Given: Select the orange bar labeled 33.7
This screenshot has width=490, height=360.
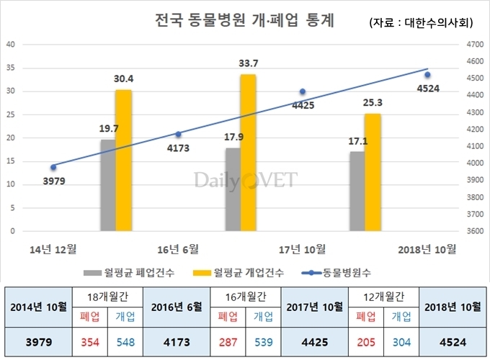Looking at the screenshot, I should [x=249, y=153].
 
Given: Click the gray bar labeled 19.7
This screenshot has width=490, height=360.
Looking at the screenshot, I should [x=107, y=186].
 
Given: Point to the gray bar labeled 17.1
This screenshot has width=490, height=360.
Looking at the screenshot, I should [x=357, y=192].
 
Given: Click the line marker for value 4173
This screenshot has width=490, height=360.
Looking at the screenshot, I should [x=178, y=134].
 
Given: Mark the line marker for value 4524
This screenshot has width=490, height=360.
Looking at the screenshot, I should [x=427, y=75].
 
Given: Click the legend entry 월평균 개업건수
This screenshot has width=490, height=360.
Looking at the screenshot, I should [x=241, y=272].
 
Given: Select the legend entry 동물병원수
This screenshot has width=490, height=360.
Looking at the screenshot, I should [x=345, y=272].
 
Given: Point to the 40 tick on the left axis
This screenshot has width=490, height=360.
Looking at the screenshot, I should [x=10, y=44].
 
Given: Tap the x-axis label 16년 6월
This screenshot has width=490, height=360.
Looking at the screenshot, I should [x=178, y=249].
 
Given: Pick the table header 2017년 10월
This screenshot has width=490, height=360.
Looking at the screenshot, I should [x=314, y=307].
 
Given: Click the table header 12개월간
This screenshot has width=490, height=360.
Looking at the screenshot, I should [x=383, y=296].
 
